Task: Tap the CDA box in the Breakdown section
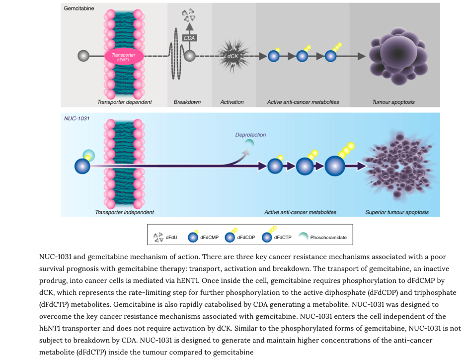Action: tap(189, 37)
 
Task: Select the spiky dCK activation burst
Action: tap(232, 56)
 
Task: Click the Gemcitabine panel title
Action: tap(79, 8)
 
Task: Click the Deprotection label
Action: tap(250, 134)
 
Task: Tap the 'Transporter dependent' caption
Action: tap(124, 102)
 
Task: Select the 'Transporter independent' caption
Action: tap(124, 212)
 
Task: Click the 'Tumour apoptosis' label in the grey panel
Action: tap(393, 102)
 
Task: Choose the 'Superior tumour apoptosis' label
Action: tap(396, 212)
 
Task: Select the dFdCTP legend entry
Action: tap(276, 237)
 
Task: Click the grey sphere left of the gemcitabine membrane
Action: tap(83, 56)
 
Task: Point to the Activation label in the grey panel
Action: tap(232, 102)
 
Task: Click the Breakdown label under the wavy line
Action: tap(187, 102)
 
